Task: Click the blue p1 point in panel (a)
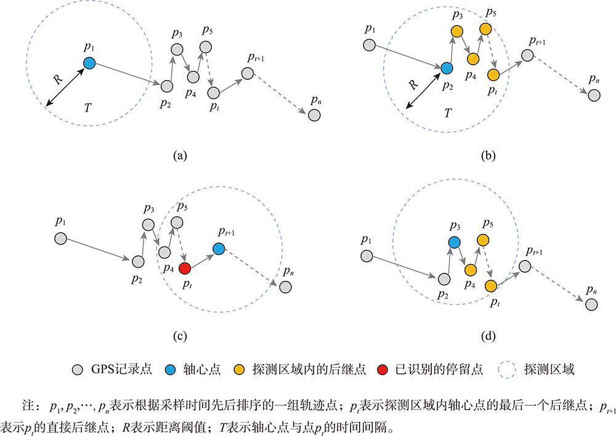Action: [89, 63]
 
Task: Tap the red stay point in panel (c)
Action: [185, 268]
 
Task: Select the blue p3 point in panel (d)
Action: [454, 243]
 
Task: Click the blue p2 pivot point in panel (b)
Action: [447, 68]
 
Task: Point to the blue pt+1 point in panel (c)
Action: [219, 248]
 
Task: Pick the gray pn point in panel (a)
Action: [314, 115]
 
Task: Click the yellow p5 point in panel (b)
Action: [485, 29]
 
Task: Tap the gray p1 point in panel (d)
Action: [367, 256]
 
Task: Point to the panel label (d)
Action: [488, 336]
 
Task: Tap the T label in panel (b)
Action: [448, 113]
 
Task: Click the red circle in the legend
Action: [383, 370]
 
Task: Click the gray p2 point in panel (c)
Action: [138, 262]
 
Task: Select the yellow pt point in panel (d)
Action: [491, 286]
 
